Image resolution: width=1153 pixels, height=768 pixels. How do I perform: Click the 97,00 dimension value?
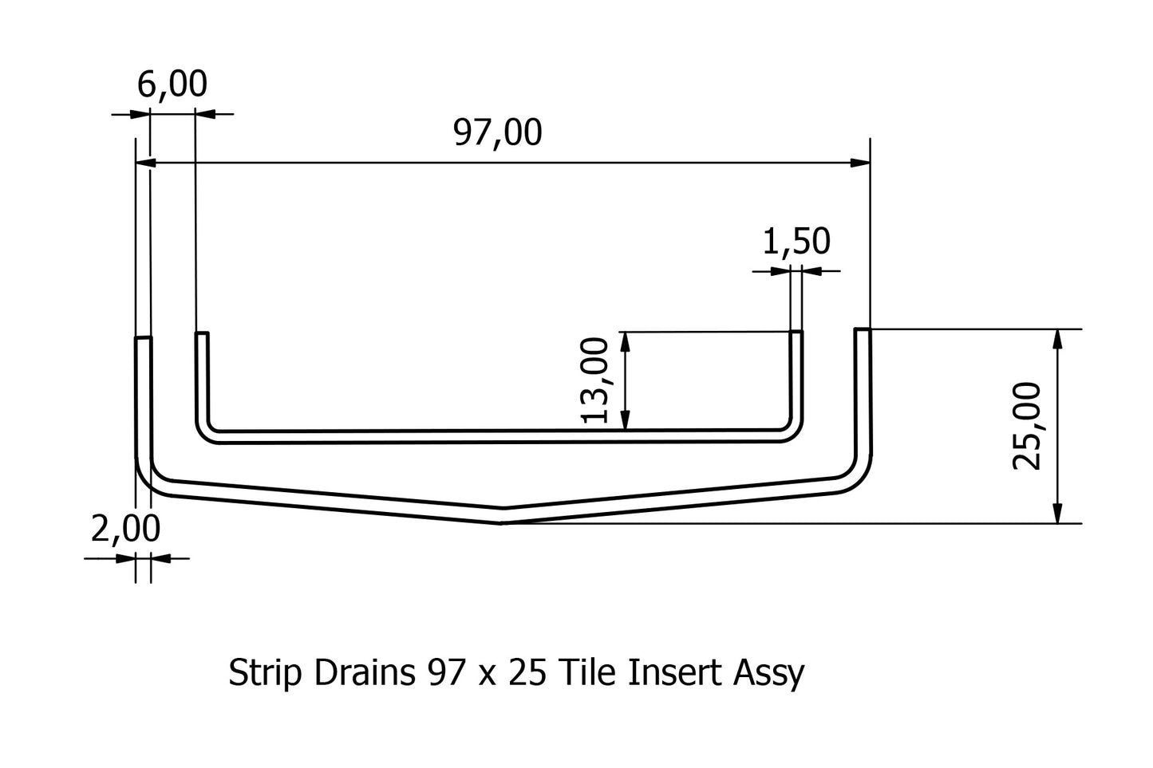point(497,132)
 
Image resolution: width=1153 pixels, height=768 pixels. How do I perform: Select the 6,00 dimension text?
point(172,84)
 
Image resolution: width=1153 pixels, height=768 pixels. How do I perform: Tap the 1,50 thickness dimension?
point(796,242)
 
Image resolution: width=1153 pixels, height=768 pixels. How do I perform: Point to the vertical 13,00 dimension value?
point(596,380)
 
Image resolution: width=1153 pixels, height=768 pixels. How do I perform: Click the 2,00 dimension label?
point(125,529)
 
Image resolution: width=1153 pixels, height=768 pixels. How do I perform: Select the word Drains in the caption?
point(363,674)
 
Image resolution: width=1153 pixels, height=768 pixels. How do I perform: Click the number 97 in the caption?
point(443,674)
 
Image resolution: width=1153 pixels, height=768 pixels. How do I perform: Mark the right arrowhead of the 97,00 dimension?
point(860,163)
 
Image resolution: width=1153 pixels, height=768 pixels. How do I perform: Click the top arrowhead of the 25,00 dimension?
point(1058,338)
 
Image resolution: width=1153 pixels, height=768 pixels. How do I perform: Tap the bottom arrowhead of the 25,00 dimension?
point(1058,514)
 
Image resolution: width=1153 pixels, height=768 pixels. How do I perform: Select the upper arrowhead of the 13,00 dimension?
point(626,341)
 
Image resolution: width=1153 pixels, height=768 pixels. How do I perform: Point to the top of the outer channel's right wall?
point(863,329)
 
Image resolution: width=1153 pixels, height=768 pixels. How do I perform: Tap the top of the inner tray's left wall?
point(202,333)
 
